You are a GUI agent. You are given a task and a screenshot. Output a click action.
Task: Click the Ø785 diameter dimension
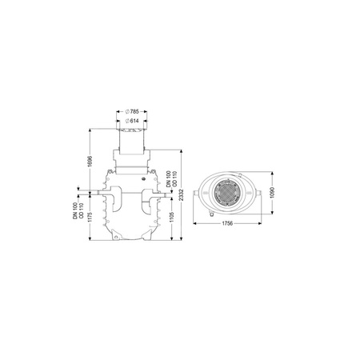click(x=132, y=111)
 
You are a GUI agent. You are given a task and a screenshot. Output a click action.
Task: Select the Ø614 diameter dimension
click(x=132, y=121)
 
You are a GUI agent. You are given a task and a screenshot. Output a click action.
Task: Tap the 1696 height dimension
click(x=90, y=162)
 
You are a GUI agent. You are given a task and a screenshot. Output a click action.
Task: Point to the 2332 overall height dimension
click(x=182, y=195)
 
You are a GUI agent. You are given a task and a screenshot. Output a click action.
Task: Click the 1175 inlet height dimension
click(x=90, y=218)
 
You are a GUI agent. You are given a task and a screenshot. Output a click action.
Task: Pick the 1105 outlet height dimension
click(x=171, y=218)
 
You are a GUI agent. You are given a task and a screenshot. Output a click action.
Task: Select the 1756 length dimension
click(x=227, y=223)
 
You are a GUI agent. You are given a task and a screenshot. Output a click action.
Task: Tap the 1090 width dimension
click(x=272, y=192)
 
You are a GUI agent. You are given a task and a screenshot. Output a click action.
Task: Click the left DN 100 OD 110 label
click(x=78, y=210)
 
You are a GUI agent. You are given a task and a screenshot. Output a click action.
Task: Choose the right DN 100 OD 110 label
click(x=171, y=178)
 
